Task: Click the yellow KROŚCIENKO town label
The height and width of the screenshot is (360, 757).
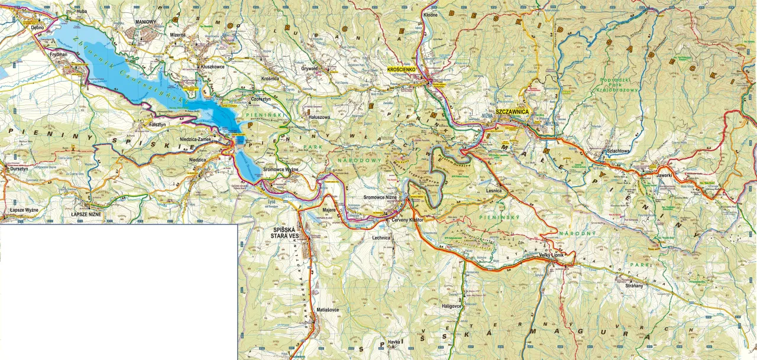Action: click(402, 70)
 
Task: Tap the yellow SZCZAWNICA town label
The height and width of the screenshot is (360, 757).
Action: click(512, 111)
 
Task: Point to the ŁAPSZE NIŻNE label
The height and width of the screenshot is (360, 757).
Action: click(88, 214)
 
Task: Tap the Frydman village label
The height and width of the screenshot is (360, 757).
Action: click(59, 53)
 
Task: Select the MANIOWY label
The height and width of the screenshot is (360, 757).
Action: click(145, 22)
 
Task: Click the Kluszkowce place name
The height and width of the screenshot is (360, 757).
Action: click(212, 67)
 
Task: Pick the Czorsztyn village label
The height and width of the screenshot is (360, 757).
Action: click(261, 99)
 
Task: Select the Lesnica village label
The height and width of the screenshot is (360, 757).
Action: click(493, 191)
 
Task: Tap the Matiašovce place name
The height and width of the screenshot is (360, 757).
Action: click(327, 309)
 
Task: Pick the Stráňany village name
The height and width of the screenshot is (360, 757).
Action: click(633, 285)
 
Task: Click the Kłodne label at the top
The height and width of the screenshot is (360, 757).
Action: click(431, 14)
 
